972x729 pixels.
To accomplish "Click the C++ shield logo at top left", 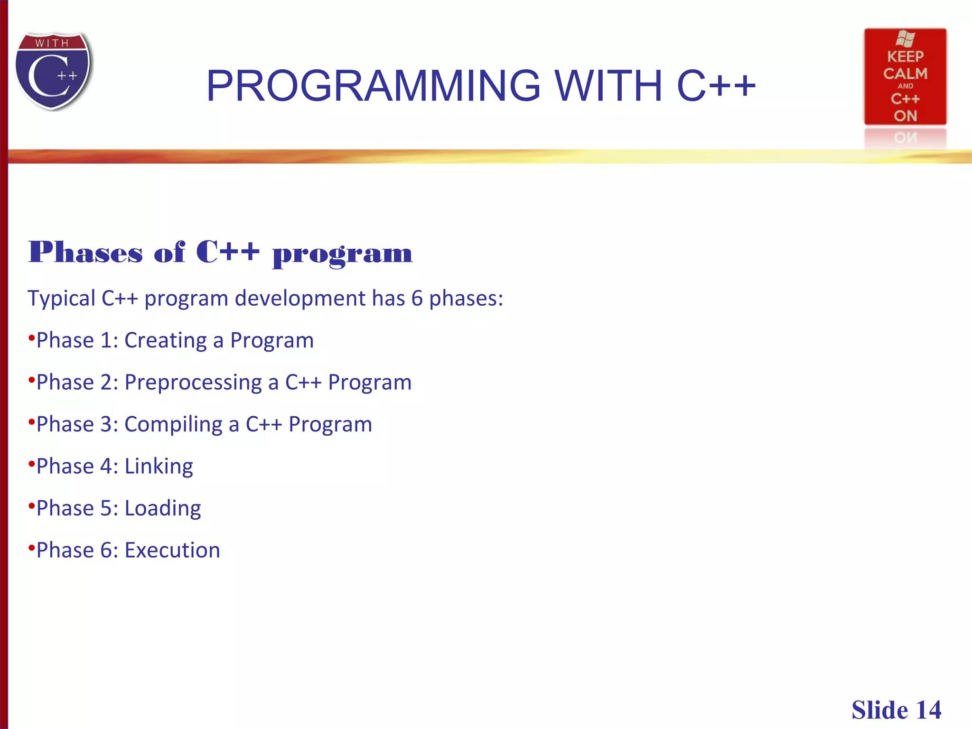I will tap(53, 71).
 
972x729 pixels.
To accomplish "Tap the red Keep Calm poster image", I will tap(905, 77).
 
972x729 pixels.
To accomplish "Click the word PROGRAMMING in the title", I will tap(373, 86).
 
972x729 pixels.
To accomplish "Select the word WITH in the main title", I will tap(608, 86).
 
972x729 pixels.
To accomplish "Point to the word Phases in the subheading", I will tap(85, 252).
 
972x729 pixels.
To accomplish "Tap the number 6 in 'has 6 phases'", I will tap(417, 299).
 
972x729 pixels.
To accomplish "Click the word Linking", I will tap(159, 467).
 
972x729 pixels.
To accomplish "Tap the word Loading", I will tap(162, 508).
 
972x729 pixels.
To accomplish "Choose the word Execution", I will tap(172, 551).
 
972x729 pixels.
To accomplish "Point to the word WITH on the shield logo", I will tap(52, 43).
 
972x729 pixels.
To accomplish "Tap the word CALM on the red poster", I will tap(905, 74).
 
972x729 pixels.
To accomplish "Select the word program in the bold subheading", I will tap(342, 254).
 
